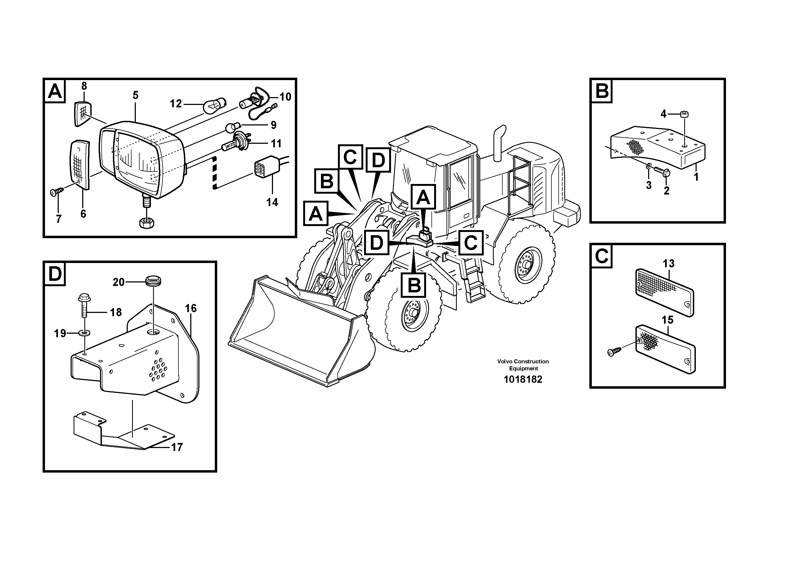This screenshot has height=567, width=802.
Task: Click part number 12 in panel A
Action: point(176,104)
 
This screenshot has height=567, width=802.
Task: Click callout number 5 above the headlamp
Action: point(136,95)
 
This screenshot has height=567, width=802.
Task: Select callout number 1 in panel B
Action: point(696,177)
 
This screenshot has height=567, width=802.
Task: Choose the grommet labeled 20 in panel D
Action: point(153,281)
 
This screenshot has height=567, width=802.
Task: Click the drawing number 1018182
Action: point(523,379)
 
